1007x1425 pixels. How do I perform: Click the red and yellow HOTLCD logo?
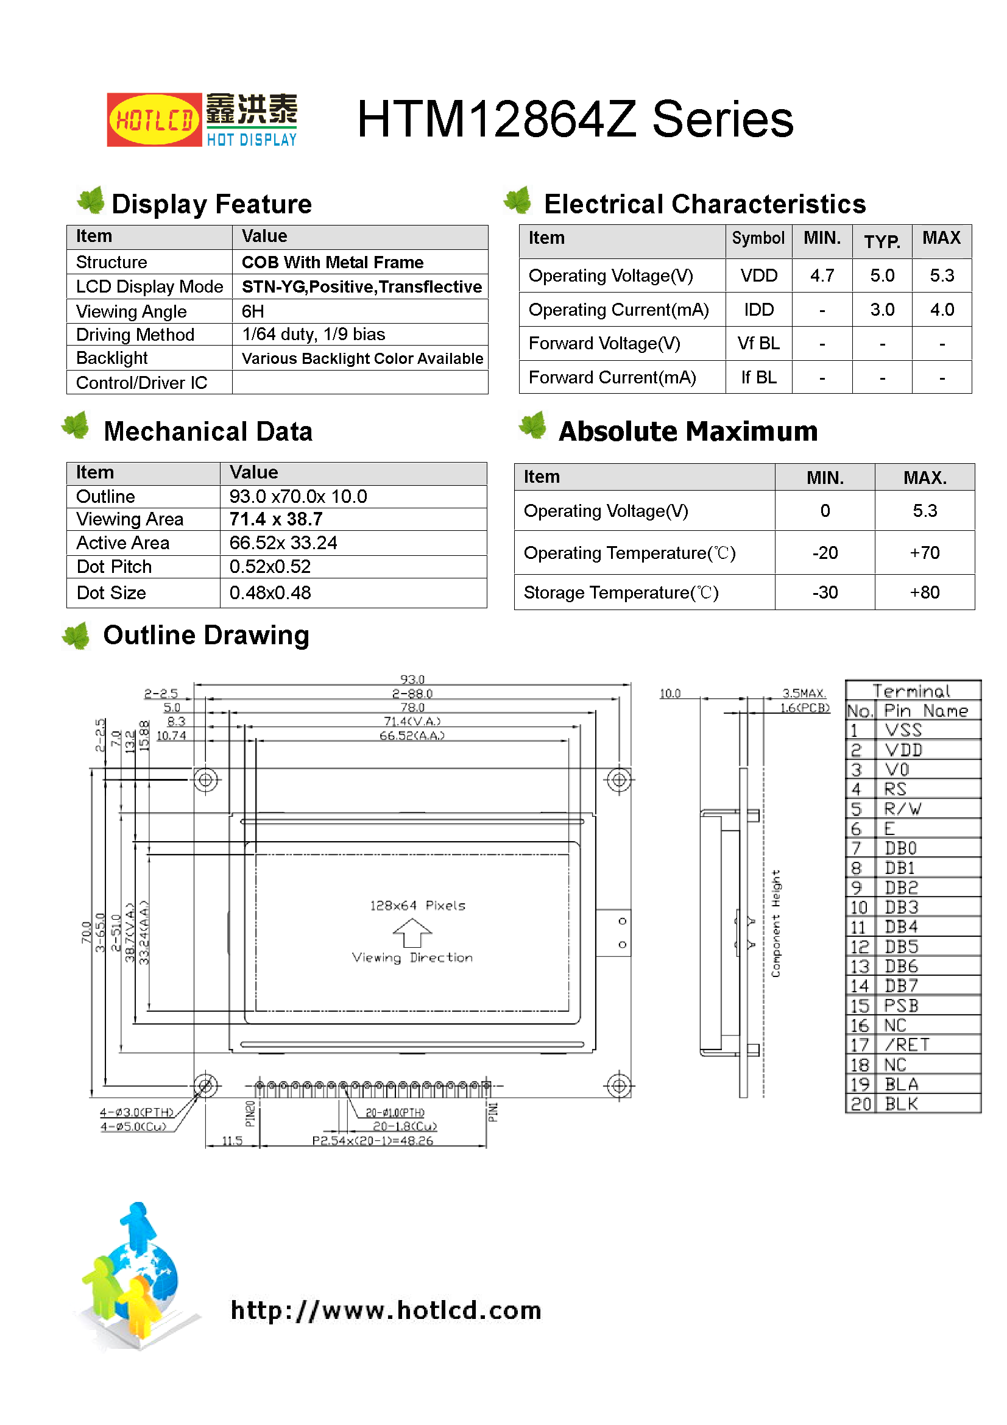[x=154, y=120]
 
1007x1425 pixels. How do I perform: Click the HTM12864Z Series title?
[x=574, y=119]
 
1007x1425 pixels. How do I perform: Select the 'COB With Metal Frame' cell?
[x=333, y=263]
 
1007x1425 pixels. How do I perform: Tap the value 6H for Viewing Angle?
[x=253, y=311]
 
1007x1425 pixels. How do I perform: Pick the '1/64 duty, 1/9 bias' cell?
[x=313, y=335]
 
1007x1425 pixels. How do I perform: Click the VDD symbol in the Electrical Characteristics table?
[x=758, y=275]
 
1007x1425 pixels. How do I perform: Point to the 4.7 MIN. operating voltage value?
[x=822, y=275]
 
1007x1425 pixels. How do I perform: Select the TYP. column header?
[x=882, y=241]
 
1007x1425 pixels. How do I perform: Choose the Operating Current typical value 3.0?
[x=882, y=310]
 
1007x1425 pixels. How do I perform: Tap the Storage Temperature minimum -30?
[x=825, y=592]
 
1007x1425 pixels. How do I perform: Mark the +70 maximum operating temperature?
[x=925, y=553]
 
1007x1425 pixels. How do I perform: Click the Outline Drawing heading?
[x=206, y=636]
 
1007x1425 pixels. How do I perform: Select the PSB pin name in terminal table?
[x=901, y=1006]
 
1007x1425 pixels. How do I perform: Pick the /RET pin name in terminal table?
[x=906, y=1045]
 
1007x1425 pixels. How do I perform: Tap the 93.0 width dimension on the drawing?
[x=412, y=680]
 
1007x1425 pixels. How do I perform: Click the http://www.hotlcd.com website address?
[x=386, y=1310]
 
